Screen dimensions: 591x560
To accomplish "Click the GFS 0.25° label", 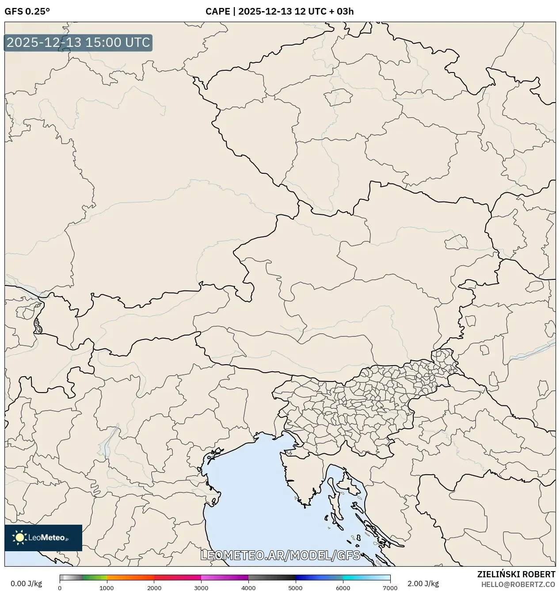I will (27, 11).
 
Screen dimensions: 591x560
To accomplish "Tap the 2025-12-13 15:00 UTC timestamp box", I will (78, 43).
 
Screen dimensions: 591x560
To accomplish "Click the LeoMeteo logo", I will (43, 538).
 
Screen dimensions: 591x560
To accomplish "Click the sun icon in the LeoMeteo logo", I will (19, 538).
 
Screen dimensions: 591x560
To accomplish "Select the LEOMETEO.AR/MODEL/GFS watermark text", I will (280, 555).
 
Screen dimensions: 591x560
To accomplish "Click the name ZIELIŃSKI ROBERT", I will (516, 574).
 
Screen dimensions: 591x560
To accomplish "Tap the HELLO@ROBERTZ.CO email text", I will (518, 584).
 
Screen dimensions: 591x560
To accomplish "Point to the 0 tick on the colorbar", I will (60, 588).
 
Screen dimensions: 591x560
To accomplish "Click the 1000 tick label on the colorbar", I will (107, 588).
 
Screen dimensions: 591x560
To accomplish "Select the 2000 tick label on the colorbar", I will (154, 588).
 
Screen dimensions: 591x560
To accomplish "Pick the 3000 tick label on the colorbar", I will (201, 588).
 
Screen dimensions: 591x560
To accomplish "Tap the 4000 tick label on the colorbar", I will (248, 588).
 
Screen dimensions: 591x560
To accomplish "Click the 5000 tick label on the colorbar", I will (296, 588).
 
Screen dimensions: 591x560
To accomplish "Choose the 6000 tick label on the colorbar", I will (343, 588).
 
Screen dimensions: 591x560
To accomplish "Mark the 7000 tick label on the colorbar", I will (390, 588).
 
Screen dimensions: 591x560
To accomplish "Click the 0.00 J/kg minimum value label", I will (26, 583).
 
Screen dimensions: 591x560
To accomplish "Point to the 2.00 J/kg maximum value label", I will (423, 583).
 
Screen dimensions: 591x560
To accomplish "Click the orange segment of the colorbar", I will (130, 577).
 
